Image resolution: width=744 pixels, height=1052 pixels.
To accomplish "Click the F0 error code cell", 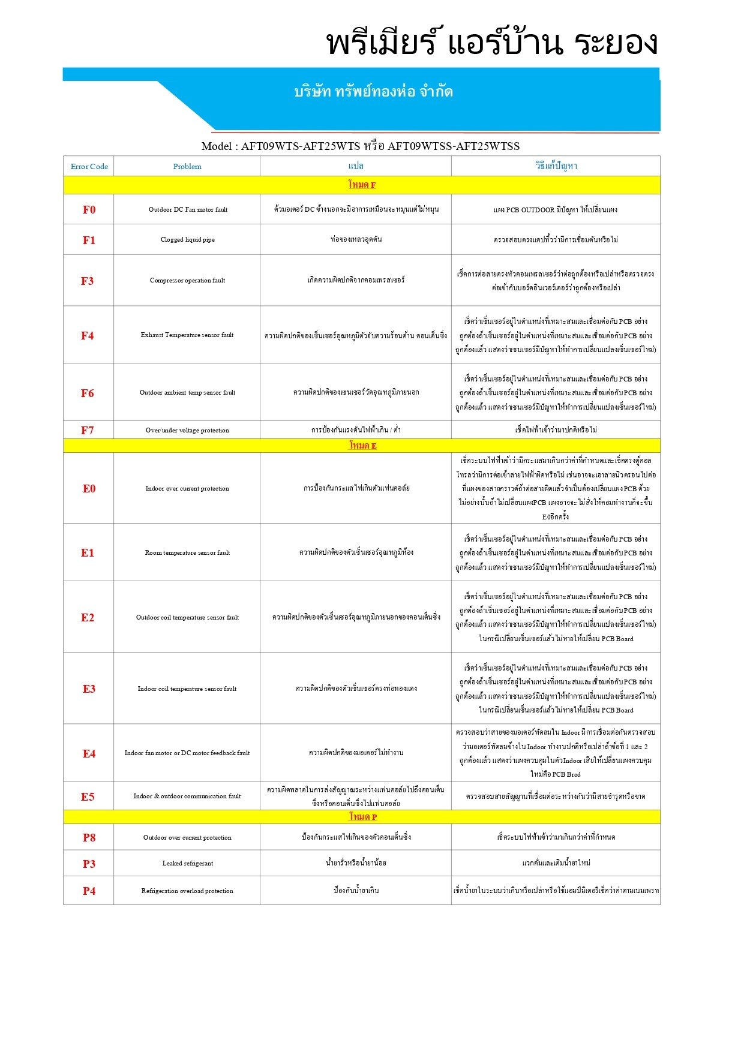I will pyautogui.click(x=89, y=210).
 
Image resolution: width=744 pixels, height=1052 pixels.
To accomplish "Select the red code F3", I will pyautogui.click(x=88, y=281).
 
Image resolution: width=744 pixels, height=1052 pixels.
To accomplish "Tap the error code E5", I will pyautogui.click(x=88, y=796).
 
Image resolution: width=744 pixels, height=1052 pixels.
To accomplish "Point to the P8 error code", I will pyautogui.click(x=89, y=837).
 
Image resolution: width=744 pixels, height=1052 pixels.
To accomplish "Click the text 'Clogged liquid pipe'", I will pyautogui.click(x=187, y=240).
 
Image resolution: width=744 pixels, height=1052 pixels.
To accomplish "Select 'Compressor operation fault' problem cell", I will pyautogui.click(x=187, y=281).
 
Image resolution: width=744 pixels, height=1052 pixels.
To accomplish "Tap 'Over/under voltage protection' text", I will pyautogui.click(x=187, y=430).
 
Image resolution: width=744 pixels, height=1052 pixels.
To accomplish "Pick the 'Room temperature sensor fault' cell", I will pyautogui.click(x=187, y=552).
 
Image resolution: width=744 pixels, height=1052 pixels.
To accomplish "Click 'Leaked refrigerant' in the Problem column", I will pyautogui.click(x=187, y=863).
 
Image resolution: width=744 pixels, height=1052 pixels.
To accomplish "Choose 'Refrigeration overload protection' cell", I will pyautogui.click(x=187, y=891).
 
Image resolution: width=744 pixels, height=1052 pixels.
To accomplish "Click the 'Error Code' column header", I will pyautogui.click(x=89, y=167).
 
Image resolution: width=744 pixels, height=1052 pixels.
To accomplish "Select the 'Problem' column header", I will pyautogui.click(x=187, y=167).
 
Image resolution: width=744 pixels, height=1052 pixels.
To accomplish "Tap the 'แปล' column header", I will pyautogui.click(x=355, y=166).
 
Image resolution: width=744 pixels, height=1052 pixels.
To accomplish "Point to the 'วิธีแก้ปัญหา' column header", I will pyautogui.click(x=556, y=166).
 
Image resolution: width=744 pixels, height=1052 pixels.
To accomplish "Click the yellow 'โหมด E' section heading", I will pyautogui.click(x=362, y=446).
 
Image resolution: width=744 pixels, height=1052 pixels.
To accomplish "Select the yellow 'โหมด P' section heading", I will pyautogui.click(x=362, y=817).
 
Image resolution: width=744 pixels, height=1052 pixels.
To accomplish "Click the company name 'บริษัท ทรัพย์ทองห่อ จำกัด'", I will pyautogui.click(x=373, y=92).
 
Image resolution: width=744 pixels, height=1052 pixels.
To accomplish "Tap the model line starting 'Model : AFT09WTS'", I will pyautogui.click(x=360, y=146).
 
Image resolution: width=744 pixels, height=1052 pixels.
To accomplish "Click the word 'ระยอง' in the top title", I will pyautogui.click(x=616, y=43).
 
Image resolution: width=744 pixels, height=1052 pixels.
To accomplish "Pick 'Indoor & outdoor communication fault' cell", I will pyautogui.click(x=187, y=796).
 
